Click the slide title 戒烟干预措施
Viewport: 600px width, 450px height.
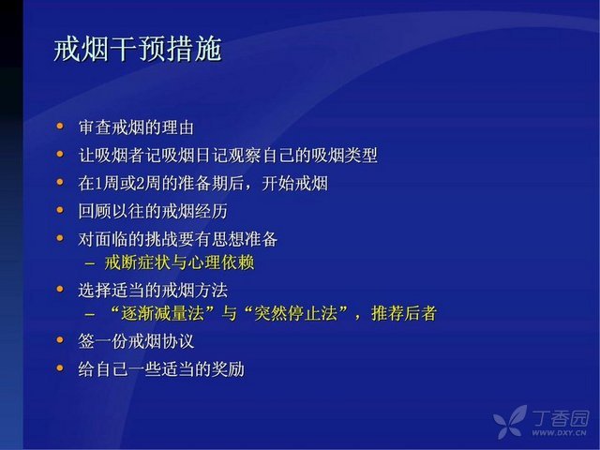[138, 50]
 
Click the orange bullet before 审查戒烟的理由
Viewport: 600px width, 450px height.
[60, 126]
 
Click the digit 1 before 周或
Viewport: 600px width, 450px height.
[98, 184]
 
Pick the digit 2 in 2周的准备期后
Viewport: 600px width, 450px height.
[140, 184]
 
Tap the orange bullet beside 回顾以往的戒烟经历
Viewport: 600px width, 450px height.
[60, 210]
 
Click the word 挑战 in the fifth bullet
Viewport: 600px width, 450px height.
[160, 239]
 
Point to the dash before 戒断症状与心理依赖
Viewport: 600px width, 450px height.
[90, 263]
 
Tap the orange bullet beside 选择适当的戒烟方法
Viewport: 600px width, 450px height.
[60, 289]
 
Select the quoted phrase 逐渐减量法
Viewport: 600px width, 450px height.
[162, 314]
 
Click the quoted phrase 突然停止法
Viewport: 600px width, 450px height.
[296, 314]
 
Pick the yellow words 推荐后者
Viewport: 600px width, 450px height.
[404, 314]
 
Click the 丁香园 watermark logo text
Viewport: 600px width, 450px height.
[560, 418]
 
